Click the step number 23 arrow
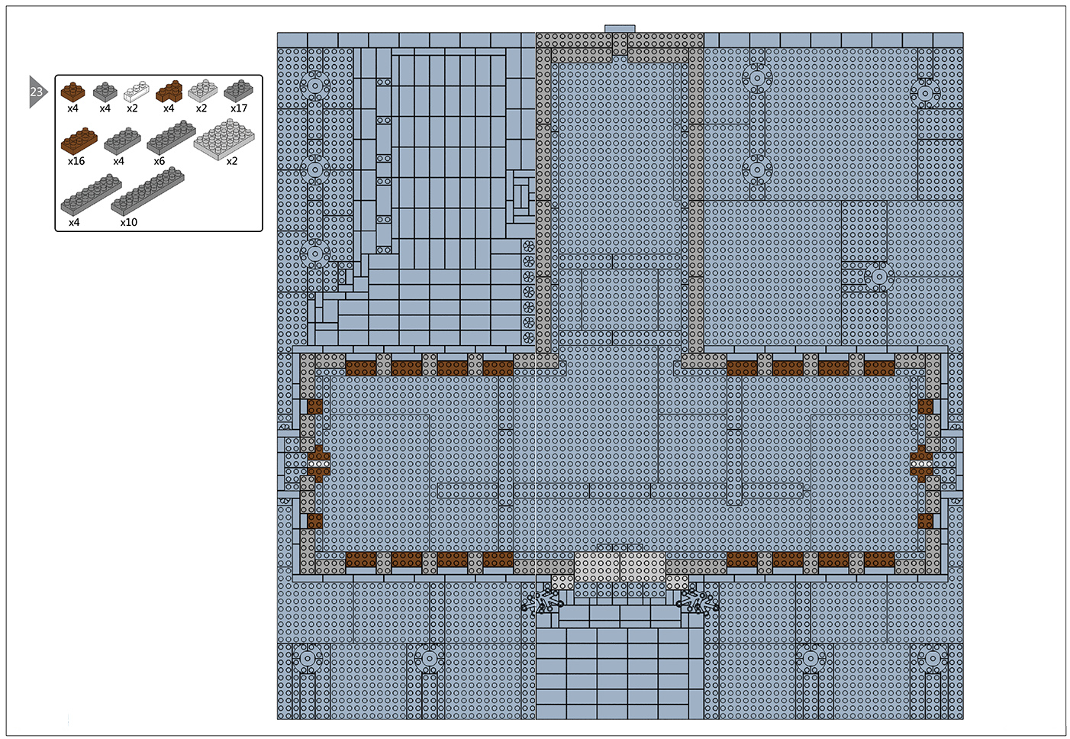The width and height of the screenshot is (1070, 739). (x=37, y=92)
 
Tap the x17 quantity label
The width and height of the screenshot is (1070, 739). (x=239, y=108)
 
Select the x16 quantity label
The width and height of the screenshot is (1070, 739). (x=76, y=161)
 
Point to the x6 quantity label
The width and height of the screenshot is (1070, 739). (x=159, y=161)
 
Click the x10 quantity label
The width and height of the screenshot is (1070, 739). (x=128, y=222)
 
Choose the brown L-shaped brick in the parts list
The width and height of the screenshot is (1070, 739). (x=169, y=91)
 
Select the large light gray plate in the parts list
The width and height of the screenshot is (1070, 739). (x=224, y=139)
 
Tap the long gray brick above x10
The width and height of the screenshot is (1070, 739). (x=147, y=191)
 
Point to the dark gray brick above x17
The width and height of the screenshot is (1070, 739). (x=239, y=90)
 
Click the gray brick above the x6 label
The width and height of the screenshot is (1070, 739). (x=171, y=137)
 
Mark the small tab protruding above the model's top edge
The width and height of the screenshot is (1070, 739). (x=620, y=29)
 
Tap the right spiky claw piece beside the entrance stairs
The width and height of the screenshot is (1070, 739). (x=698, y=602)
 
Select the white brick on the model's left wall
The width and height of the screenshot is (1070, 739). (x=318, y=463)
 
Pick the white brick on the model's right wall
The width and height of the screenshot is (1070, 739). (x=921, y=463)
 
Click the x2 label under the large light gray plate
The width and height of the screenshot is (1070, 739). (x=232, y=161)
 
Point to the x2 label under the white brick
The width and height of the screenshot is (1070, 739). (x=132, y=108)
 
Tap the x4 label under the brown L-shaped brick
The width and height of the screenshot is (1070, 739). (x=169, y=108)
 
